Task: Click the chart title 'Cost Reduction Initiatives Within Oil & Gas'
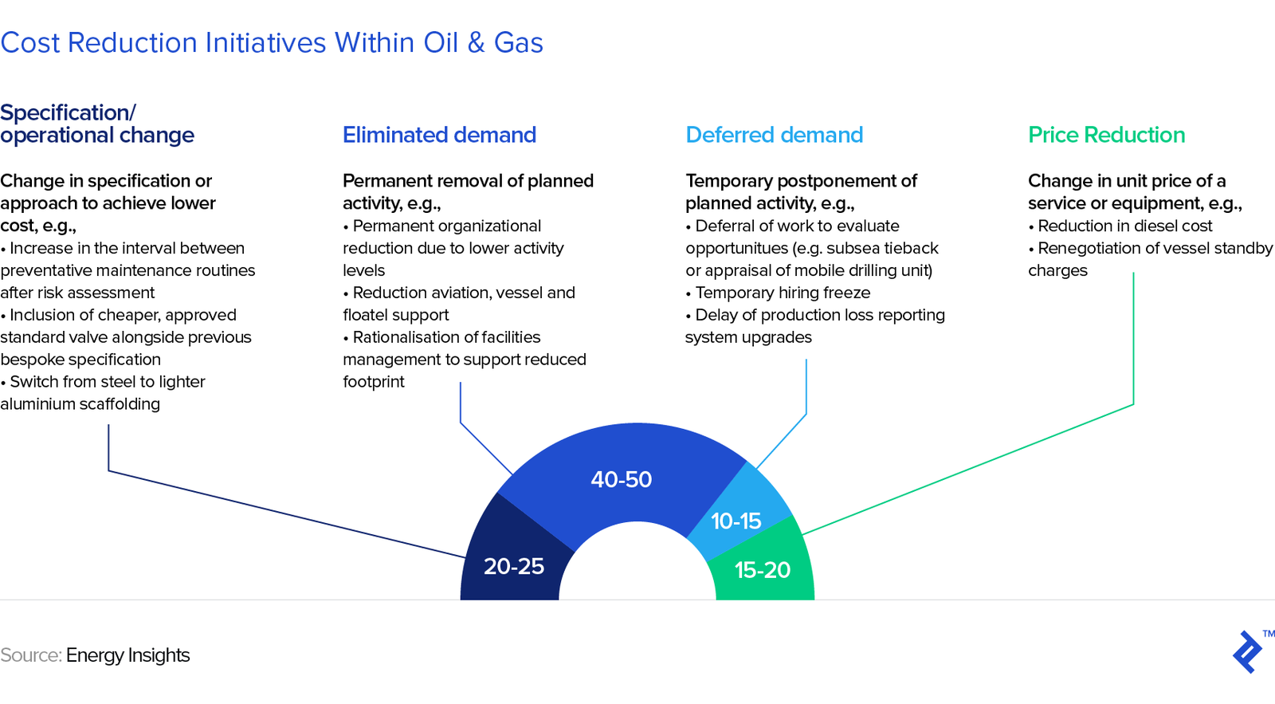(x=272, y=43)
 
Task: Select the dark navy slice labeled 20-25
(x=512, y=556)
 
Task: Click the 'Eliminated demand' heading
(x=439, y=135)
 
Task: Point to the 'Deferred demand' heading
(x=774, y=135)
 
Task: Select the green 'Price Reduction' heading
(x=1107, y=135)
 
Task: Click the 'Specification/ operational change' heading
(x=97, y=124)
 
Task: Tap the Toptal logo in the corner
(x=1247, y=651)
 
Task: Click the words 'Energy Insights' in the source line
(x=127, y=655)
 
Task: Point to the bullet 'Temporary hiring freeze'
(x=778, y=293)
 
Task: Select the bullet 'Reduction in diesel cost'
(x=1120, y=226)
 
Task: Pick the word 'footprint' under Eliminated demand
(x=374, y=382)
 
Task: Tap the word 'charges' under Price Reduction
(x=1057, y=270)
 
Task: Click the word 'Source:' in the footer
(x=31, y=655)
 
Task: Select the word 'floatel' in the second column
(x=366, y=315)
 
